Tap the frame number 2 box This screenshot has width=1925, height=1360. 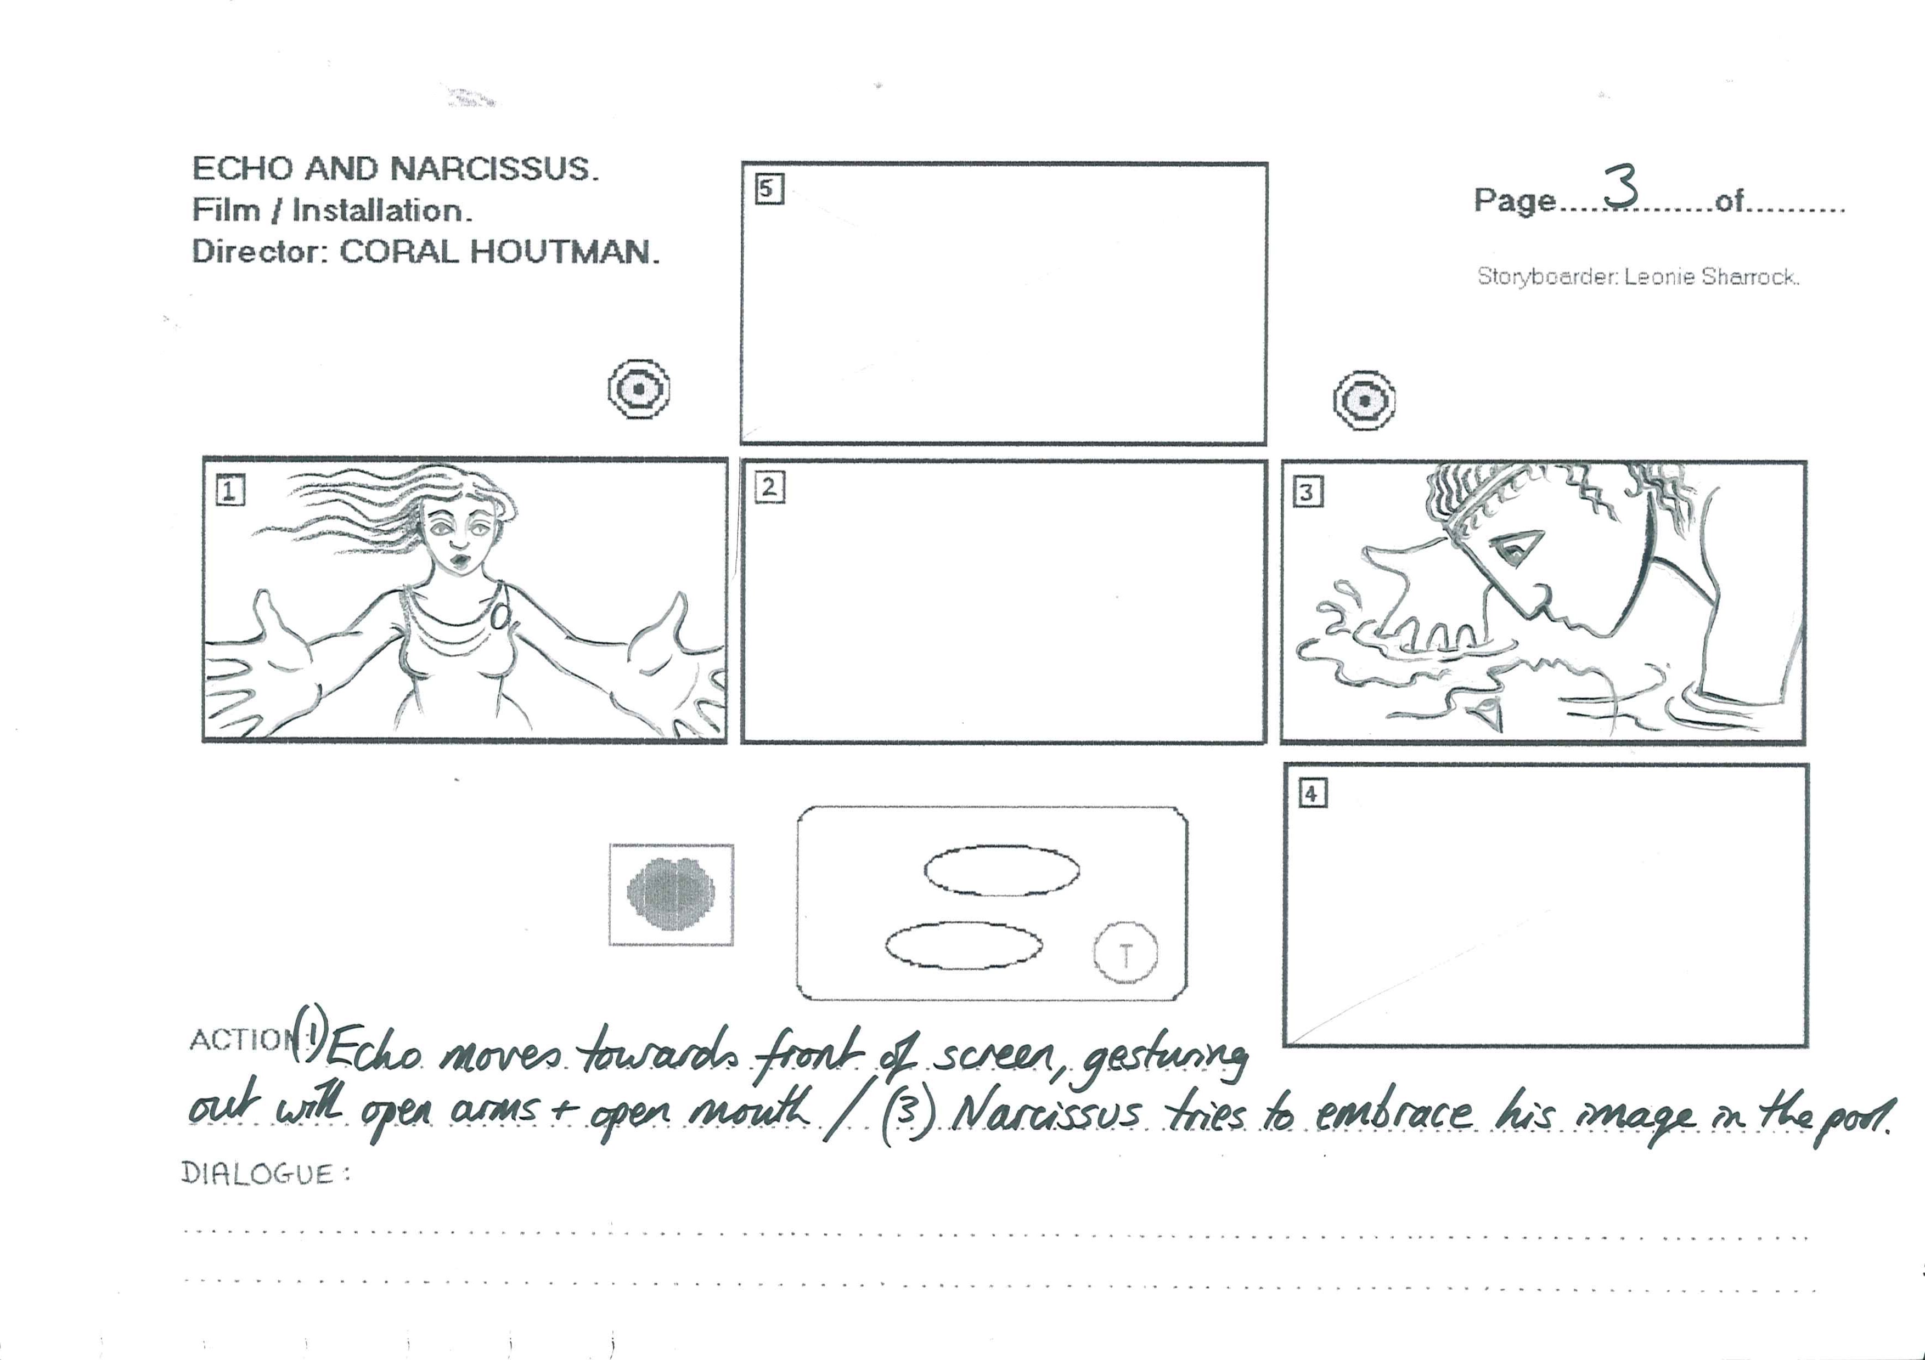pyautogui.click(x=770, y=488)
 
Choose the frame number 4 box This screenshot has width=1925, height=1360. pyautogui.click(x=1312, y=793)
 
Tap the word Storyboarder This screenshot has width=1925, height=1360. pyautogui.click(x=1547, y=276)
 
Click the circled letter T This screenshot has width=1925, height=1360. pyautogui.click(x=1125, y=954)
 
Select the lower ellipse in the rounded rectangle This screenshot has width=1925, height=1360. pyautogui.click(x=964, y=945)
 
